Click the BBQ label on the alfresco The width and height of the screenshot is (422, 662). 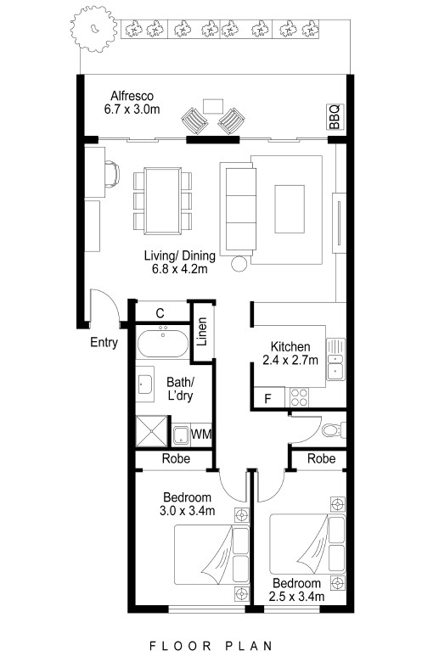click(x=335, y=117)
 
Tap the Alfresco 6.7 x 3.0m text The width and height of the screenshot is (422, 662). click(x=132, y=103)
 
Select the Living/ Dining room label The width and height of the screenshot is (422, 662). click(x=180, y=261)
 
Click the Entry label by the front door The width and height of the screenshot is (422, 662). click(x=104, y=342)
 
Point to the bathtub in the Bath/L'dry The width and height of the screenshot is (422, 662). click(x=163, y=342)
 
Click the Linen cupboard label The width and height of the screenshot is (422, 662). click(x=203, y=331)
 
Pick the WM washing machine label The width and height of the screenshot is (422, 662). click(x=201, y=434)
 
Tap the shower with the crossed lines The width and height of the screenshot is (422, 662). click(x=151, y=431)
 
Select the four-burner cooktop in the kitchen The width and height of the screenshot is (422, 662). click(x=299, y=397)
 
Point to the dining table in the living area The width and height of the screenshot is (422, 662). click(x=163, y=200)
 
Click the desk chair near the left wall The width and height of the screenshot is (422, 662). click(x=112, y=174)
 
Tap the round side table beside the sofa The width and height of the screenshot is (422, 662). click(x=239, y=264)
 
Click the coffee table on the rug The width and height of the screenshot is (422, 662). click(x=290, y=209)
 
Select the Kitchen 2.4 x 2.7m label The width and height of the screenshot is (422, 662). click(x=290, y=353)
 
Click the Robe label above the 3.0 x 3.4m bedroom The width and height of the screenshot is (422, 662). click(x=176, y=458)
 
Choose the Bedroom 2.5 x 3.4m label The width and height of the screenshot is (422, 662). click(x=296, y=590)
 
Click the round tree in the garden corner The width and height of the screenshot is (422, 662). click(x=93, y=29)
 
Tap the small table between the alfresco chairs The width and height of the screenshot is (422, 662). click(x=213, y=106)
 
